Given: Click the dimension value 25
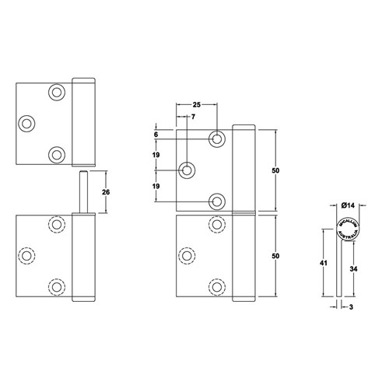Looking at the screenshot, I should pyautogui.click(x=196, y=103).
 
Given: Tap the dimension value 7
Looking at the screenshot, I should pyautogui.click(x=193, y=117).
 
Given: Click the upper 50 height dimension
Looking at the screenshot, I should pyautogui.click(x=275, y=170).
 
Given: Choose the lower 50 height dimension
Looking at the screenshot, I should pyautogui.click(x=275, y=255).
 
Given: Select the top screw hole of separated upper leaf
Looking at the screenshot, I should pyautogui.click(x=57, y=93).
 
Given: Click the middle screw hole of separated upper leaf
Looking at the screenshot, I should pyautogui.click(x=27, y=123).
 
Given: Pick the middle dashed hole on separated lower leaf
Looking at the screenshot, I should pyautogui.click(x=27, y=255).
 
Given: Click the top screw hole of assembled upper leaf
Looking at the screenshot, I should pyautogui.click(x=217, y=138).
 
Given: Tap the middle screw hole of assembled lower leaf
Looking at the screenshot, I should pyautogui.click(x=187, y=255).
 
